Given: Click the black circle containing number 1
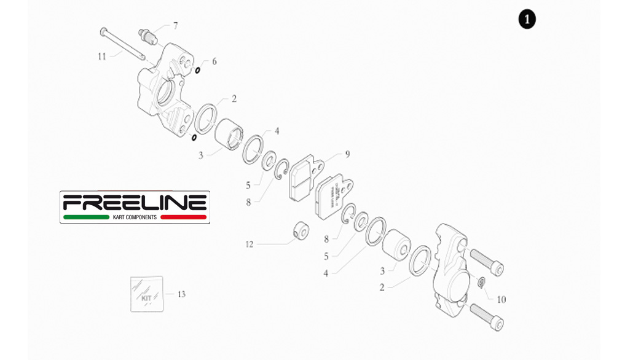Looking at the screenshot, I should point(527,20).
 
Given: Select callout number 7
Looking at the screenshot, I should point(175,26).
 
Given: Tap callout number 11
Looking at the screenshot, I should point(102,56).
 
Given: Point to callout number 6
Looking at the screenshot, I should point(214,61).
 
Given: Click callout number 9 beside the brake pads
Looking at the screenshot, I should point(347,153).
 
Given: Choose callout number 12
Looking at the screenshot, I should point(249,244).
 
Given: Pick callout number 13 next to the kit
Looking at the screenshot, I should point(181,294).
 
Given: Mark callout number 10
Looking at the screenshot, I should point(501,300).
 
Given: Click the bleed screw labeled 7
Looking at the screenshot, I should point(149,36).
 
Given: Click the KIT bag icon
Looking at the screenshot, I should point(147,294).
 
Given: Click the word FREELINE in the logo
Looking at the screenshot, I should point(135,202).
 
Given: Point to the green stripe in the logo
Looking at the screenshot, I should point(85,217).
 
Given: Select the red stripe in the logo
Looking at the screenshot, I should point(183,217).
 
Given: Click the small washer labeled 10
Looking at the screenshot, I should point(482,282).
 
